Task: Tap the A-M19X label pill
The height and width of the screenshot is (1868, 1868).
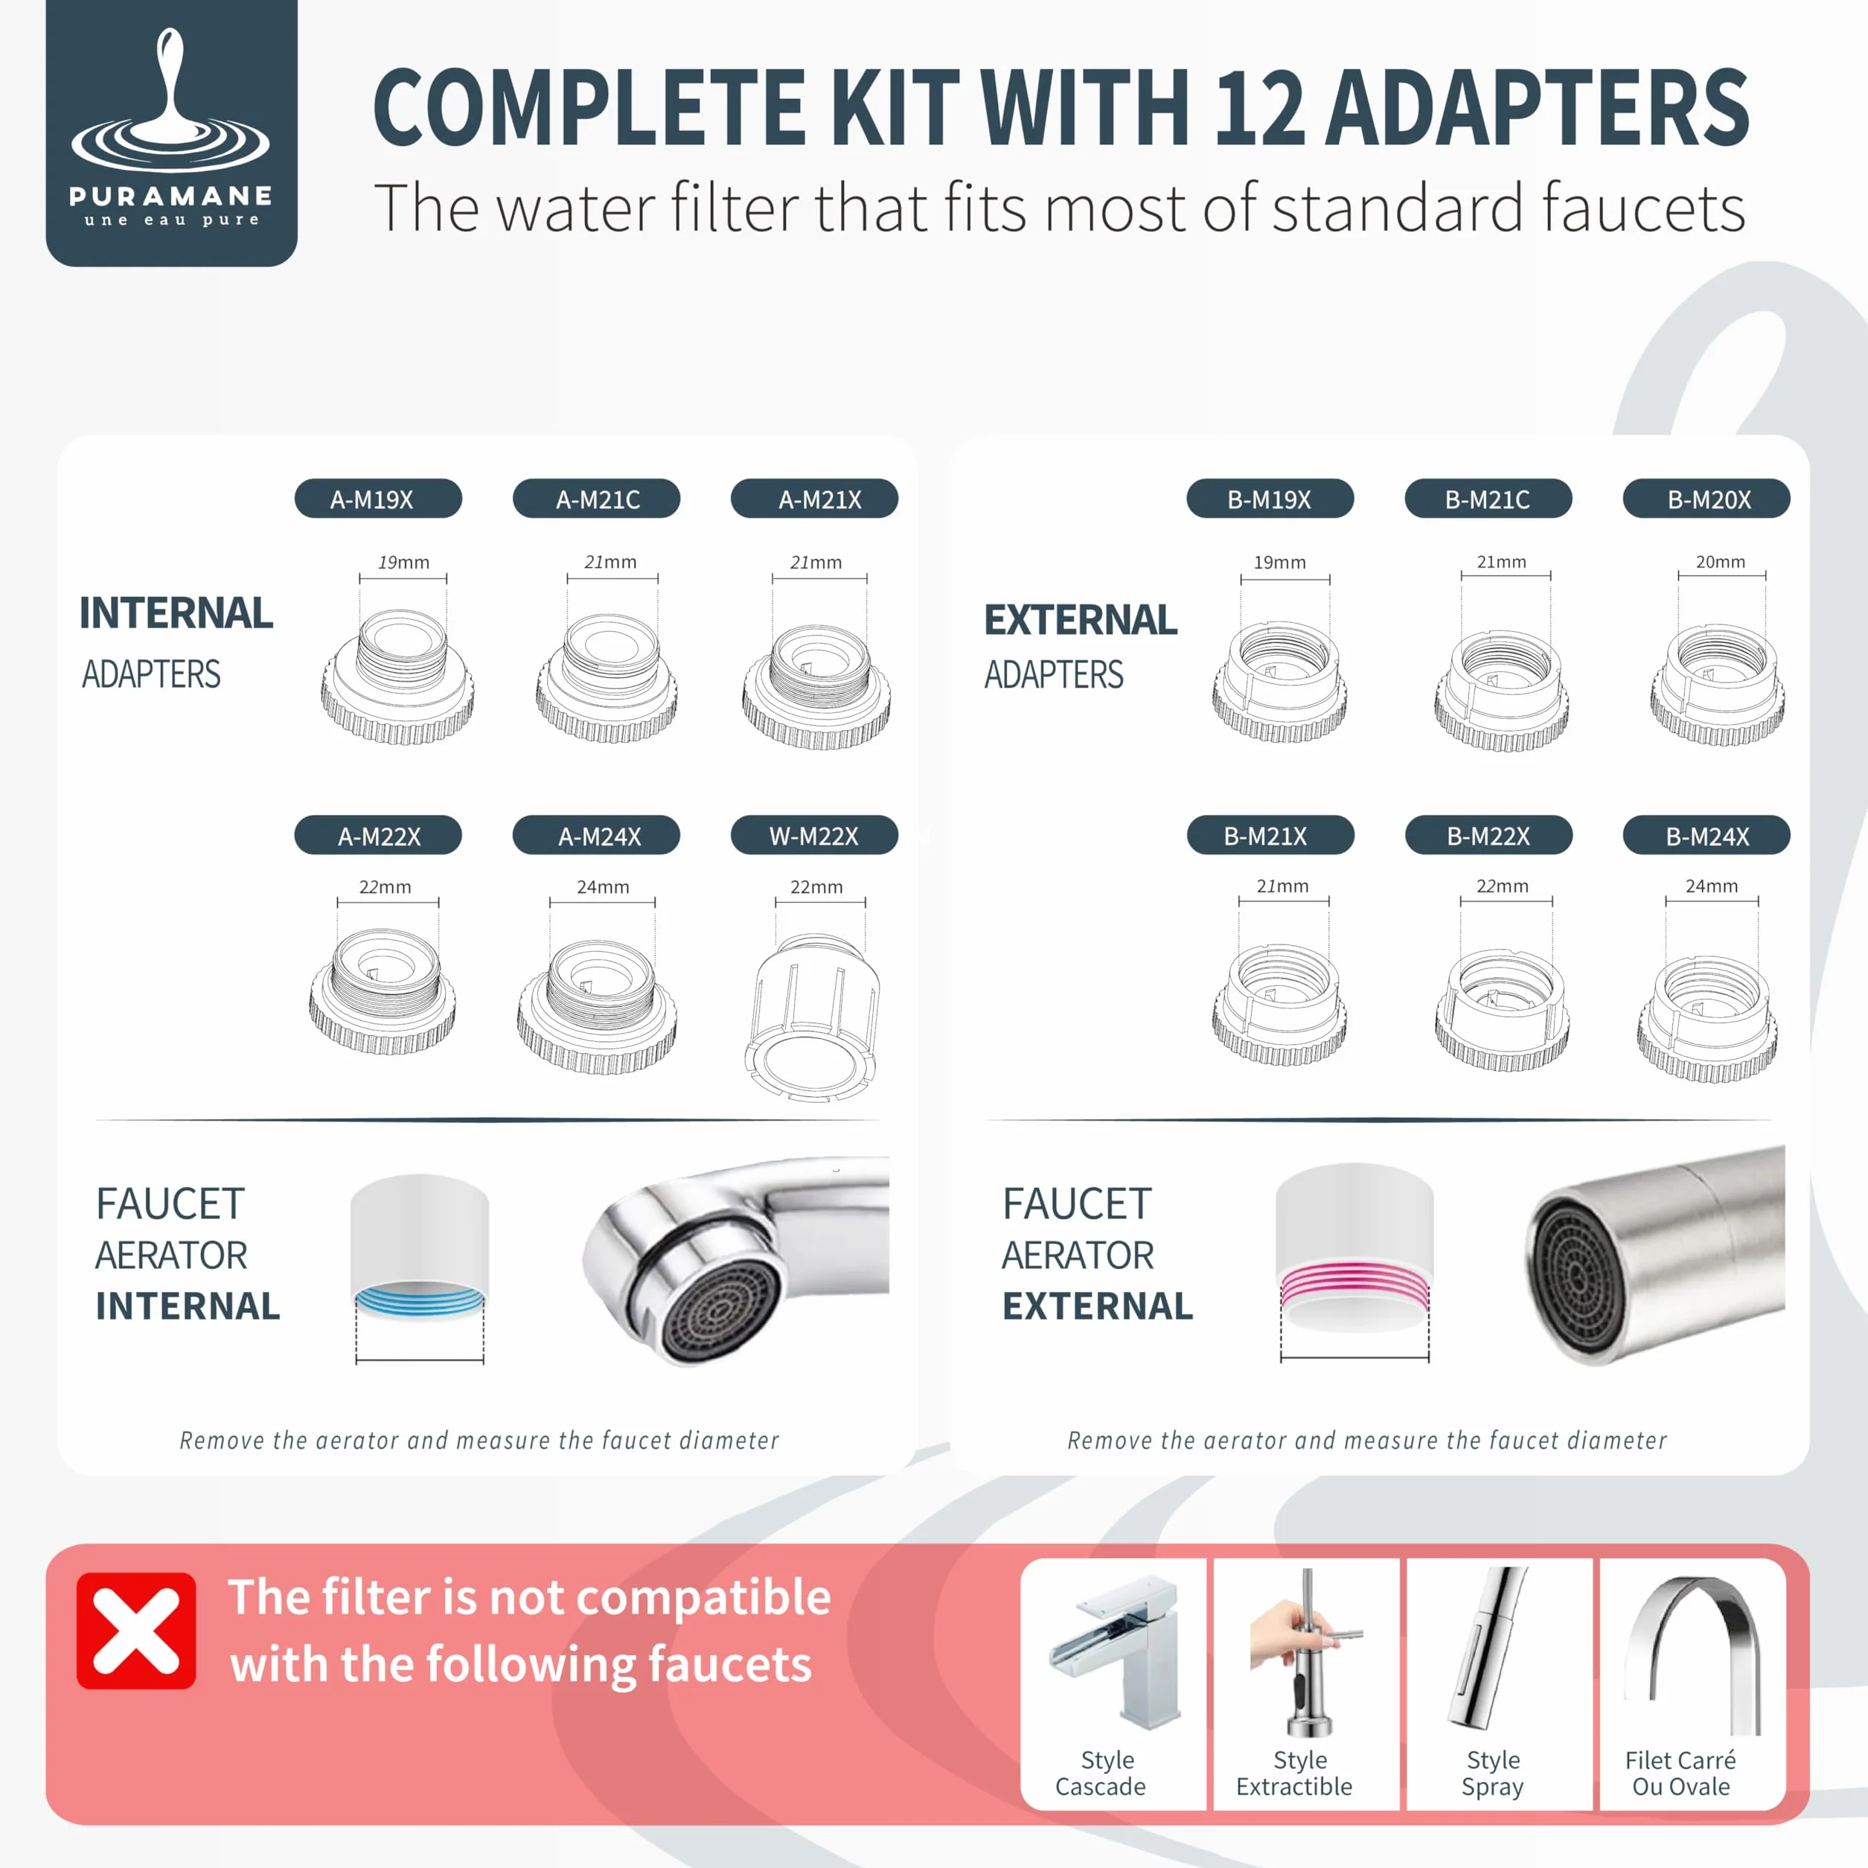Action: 378,499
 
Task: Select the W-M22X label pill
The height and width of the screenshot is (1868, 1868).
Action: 814,835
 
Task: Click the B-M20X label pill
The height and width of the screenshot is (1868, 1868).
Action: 1707,499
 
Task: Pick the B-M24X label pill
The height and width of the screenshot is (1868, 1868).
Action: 1707,835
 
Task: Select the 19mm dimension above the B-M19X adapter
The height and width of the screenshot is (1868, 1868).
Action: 1279,562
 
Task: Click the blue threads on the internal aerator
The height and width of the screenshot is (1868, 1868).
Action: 420,1299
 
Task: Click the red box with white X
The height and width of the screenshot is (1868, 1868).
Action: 136,1631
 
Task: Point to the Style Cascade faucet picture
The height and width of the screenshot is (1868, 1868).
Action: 1115,1654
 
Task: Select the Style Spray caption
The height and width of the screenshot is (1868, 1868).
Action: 1493,1773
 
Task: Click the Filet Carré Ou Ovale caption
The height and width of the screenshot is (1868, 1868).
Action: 1680,1773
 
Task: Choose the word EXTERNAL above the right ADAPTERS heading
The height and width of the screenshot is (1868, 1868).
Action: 1081,620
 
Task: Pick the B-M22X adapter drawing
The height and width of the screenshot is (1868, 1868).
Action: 1502,1008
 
